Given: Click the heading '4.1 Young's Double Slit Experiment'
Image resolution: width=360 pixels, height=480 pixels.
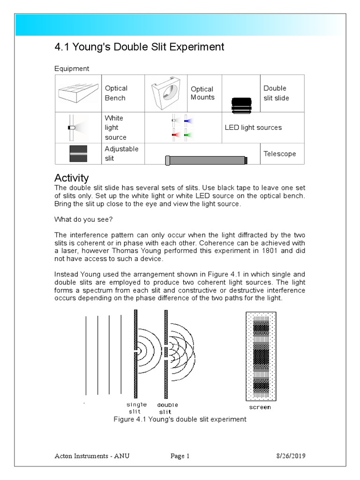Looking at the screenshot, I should pos(139,47).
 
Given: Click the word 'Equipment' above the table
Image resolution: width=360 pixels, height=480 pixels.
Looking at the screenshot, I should pos(72,68).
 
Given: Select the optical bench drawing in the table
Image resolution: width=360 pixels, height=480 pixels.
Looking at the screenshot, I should pos(78,93).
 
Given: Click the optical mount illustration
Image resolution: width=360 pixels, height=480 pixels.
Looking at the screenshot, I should pos(166,93).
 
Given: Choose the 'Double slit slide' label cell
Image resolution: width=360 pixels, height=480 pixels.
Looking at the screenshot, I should pos(276,93).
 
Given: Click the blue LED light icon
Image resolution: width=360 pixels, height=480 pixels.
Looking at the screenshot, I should pos(188,120).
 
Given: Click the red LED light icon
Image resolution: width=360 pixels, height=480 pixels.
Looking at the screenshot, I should pos(176,135).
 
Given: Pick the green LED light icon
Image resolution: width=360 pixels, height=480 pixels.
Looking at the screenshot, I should pos(188,135).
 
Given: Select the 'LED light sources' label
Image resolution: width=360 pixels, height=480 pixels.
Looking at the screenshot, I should pos(253,127).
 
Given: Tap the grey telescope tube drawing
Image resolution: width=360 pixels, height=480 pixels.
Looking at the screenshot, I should pos(206,160).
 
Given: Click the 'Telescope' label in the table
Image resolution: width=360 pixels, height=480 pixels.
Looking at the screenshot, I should pos(279,154).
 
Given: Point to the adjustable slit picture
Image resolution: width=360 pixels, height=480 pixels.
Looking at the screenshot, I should pos(78,154).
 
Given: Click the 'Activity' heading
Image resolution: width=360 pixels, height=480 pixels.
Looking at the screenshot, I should pos(71,178).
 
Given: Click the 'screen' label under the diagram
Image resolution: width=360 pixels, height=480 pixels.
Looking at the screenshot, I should pos(260,407).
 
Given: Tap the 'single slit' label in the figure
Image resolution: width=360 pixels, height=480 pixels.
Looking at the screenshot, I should pos(136,408).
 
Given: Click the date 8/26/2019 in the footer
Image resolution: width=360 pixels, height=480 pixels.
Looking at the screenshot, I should pos(290,456).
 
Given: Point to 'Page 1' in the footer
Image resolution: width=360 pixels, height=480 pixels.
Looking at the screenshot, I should pos(180,456).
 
